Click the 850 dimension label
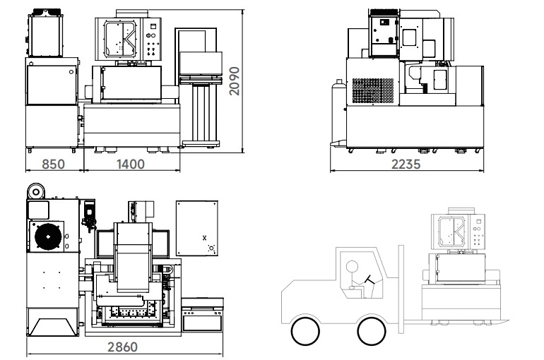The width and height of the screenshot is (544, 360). (x=53, y=164)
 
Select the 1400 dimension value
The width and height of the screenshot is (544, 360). (x=131, y=164)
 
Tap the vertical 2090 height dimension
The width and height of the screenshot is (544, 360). (x=235, y=81)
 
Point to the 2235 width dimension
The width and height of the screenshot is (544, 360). (x=406, y=164)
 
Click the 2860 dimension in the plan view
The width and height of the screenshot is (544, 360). (x=122, y=347)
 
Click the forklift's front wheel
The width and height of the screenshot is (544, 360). (x=372, y=331)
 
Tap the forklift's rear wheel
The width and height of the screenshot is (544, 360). (x=305, y=331)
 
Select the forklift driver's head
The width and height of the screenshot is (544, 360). (x=352, y=266)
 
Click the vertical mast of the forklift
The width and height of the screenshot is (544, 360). (x=401, y=289)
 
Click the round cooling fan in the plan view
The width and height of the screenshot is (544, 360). (x=48, y=236)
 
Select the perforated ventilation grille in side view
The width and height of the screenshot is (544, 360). (x=373, y=91)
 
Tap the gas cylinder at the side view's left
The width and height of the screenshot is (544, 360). (x=338, y=111)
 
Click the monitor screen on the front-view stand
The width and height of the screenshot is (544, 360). (x=201, y=64)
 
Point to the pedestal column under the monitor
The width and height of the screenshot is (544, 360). (x=201, y=113)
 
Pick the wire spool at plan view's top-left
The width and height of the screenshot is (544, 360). (x=36, y=191)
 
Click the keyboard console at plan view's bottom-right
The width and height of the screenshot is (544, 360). (x=203, y=314)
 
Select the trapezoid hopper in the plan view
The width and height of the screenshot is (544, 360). (x=53, y=327)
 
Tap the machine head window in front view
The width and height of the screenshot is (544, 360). (x=120, y=40)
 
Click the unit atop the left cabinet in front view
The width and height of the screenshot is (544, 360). (x=45, y=33)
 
